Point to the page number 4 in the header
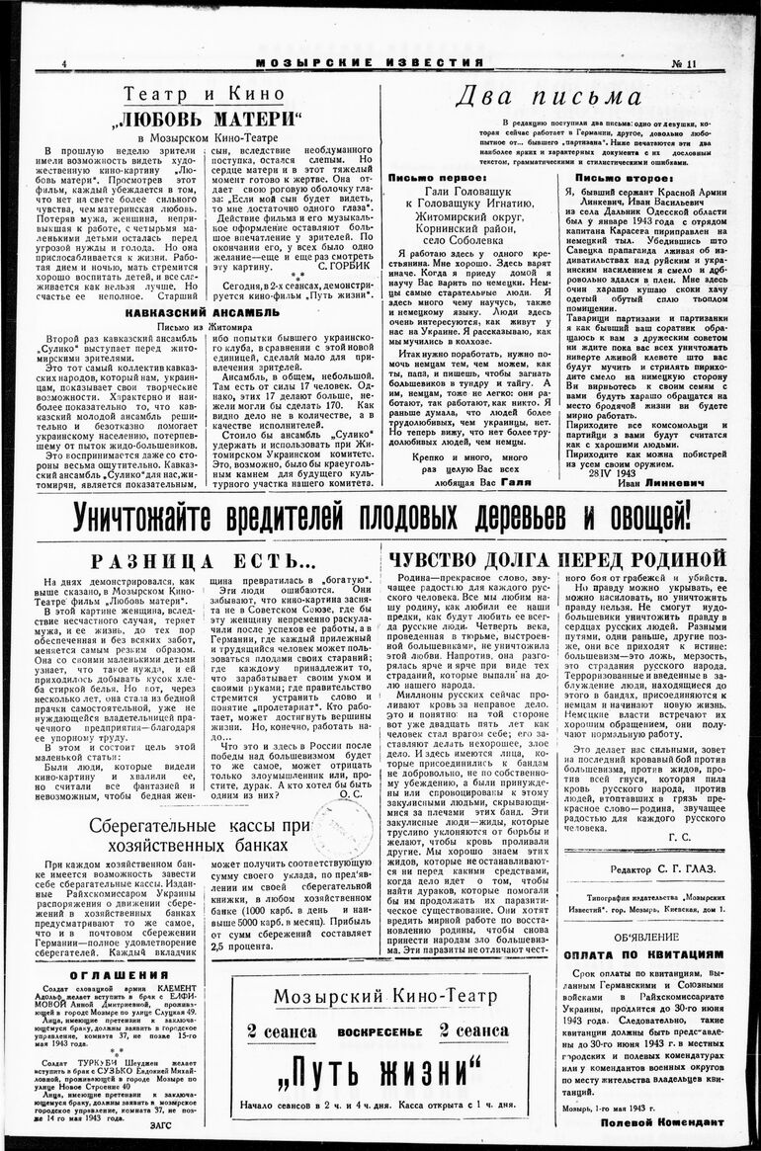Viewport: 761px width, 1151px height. click(63, 64)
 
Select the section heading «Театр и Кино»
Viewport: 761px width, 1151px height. click(206, 94)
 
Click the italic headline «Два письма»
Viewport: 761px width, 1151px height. click(548, 97)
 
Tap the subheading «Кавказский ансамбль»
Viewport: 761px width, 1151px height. click(203, 313)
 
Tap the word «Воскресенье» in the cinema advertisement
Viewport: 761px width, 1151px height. click(379, 1029)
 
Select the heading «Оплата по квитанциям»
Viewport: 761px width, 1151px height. click(643, 954)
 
